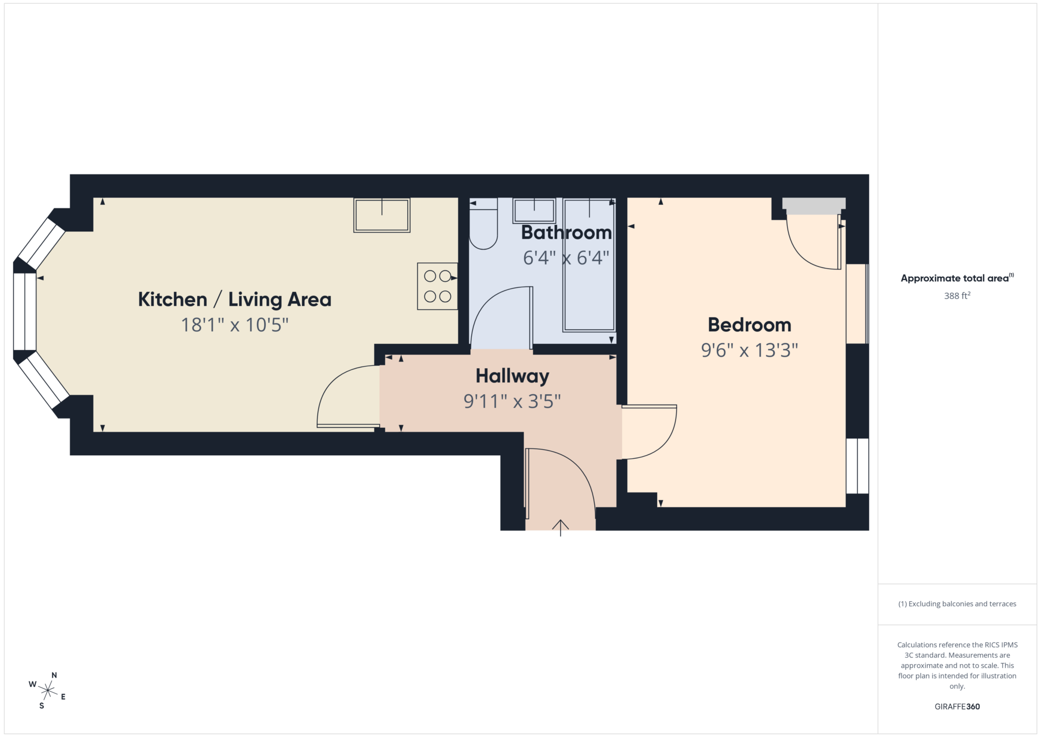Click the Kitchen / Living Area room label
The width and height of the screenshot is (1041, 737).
(234, 300)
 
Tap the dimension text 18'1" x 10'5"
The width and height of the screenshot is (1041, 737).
(234, 325)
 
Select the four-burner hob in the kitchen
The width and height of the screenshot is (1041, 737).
(437, 286)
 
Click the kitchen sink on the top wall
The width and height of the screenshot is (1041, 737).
(382, 216)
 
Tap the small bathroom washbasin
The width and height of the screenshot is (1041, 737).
(534, 210)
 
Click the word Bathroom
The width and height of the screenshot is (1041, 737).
(566, 232)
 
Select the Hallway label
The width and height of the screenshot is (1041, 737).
(512, 376)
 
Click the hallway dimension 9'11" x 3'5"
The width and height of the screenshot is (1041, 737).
(512, 401)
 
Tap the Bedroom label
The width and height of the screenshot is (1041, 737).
(749, 325)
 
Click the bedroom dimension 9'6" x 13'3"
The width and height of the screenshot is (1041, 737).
(749, 350)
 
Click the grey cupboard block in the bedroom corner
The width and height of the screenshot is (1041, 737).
(813, 205)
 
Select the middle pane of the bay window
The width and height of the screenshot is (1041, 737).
(24, 312)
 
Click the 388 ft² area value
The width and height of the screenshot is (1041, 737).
(957, 296)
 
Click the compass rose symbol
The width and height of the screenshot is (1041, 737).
(47, 690)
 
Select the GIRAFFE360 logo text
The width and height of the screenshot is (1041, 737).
(957, 706)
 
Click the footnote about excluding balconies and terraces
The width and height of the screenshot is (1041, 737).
(957, 604)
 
